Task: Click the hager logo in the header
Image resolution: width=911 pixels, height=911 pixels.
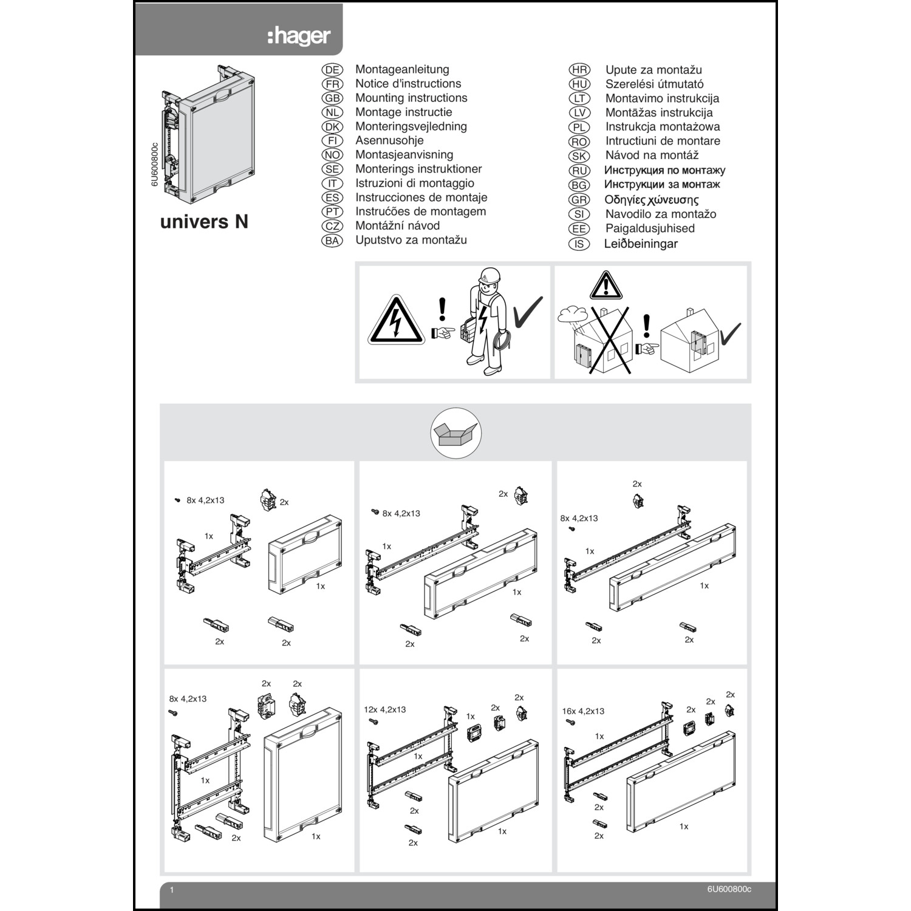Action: [299, 36]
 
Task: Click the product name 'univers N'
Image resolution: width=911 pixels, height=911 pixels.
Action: [204, 222]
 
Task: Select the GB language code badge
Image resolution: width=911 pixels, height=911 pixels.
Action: [332, 98]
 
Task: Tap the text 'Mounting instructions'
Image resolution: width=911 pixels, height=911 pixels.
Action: [411, 98]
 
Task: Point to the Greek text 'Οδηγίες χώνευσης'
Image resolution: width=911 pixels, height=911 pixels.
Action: [651, 200]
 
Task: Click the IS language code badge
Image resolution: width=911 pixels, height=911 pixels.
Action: [579, 244]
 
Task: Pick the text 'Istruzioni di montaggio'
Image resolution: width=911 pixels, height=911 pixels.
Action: [415, 183]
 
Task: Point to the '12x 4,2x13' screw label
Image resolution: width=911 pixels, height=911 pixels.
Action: [385, 709]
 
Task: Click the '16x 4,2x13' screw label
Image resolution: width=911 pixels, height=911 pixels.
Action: [583, 711]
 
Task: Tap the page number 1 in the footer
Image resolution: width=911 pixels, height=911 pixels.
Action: [172, 890]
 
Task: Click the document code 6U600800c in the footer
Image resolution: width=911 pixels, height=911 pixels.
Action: [729, 890]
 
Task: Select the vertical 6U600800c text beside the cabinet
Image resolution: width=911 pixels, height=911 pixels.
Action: [154, 165]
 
